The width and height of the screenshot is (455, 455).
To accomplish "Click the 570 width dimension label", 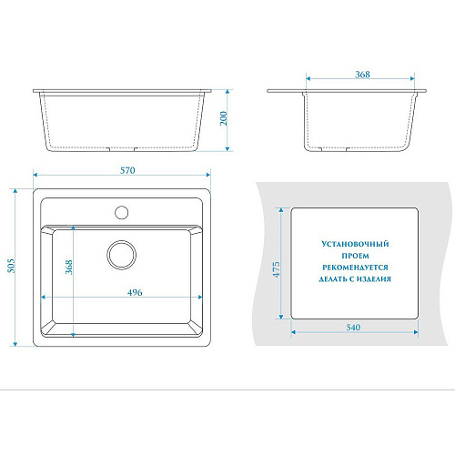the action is point(127,170).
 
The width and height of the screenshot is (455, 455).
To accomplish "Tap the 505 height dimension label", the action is point(11,266).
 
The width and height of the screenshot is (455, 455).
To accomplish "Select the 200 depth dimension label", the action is point(224,118).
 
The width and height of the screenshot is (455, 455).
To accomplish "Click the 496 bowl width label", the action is point(135,292).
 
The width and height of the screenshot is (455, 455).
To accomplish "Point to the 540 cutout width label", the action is point(353,328).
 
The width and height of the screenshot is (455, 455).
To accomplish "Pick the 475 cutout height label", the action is point(277,269).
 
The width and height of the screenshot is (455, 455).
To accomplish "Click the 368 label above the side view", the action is point(362,75).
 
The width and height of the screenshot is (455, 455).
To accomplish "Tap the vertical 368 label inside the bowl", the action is point(69,267).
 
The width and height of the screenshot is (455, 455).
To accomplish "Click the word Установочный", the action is point(355,244).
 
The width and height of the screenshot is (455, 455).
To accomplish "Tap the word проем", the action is point(355,256).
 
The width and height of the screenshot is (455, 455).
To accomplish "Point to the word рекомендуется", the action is point(355,268).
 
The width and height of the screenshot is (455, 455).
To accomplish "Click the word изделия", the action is point(373,279).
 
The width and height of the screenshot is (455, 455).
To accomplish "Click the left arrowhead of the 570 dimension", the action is point(35,175).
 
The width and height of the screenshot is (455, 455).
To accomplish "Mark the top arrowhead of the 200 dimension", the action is point(227,92).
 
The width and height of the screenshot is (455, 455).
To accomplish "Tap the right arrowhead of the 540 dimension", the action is point(416,332).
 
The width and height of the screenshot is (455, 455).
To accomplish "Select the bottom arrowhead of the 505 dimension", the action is point(15,344).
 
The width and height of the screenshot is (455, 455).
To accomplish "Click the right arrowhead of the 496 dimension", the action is point(200,297).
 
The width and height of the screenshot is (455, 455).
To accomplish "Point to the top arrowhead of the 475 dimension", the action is point(281,210).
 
